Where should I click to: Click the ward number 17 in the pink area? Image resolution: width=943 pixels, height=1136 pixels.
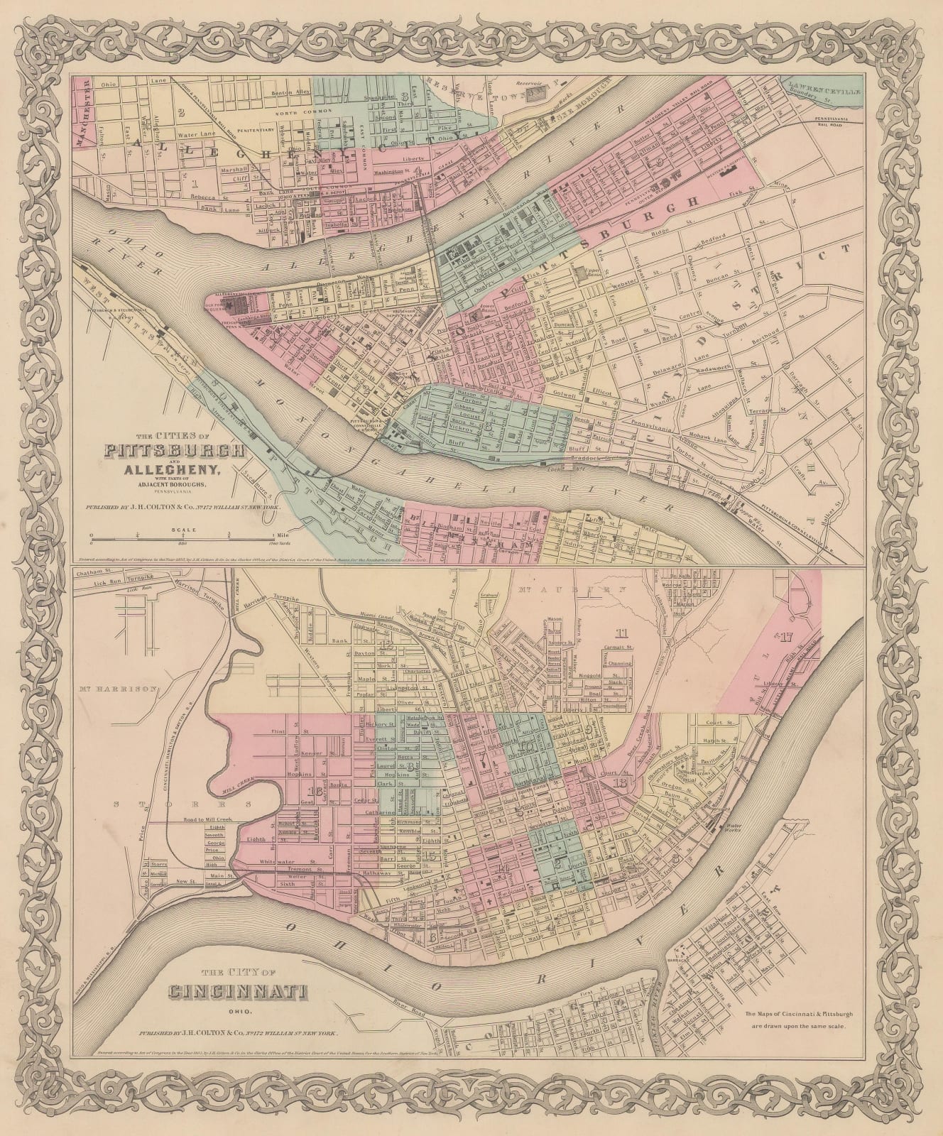pos(784,637)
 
